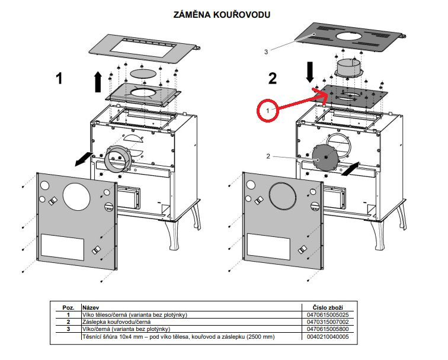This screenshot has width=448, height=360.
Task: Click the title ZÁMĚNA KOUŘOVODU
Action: click(222, 14)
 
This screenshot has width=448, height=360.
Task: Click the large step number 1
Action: click(59, 79)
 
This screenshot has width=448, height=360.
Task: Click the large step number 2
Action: click(273, 79)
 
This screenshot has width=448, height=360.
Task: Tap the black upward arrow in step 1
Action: click(97, 81)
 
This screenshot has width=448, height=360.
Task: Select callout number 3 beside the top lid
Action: click(266, 52)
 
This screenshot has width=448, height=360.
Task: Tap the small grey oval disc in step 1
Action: click(140, 72)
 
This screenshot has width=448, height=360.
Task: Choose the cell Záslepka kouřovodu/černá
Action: click(117, 322)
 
